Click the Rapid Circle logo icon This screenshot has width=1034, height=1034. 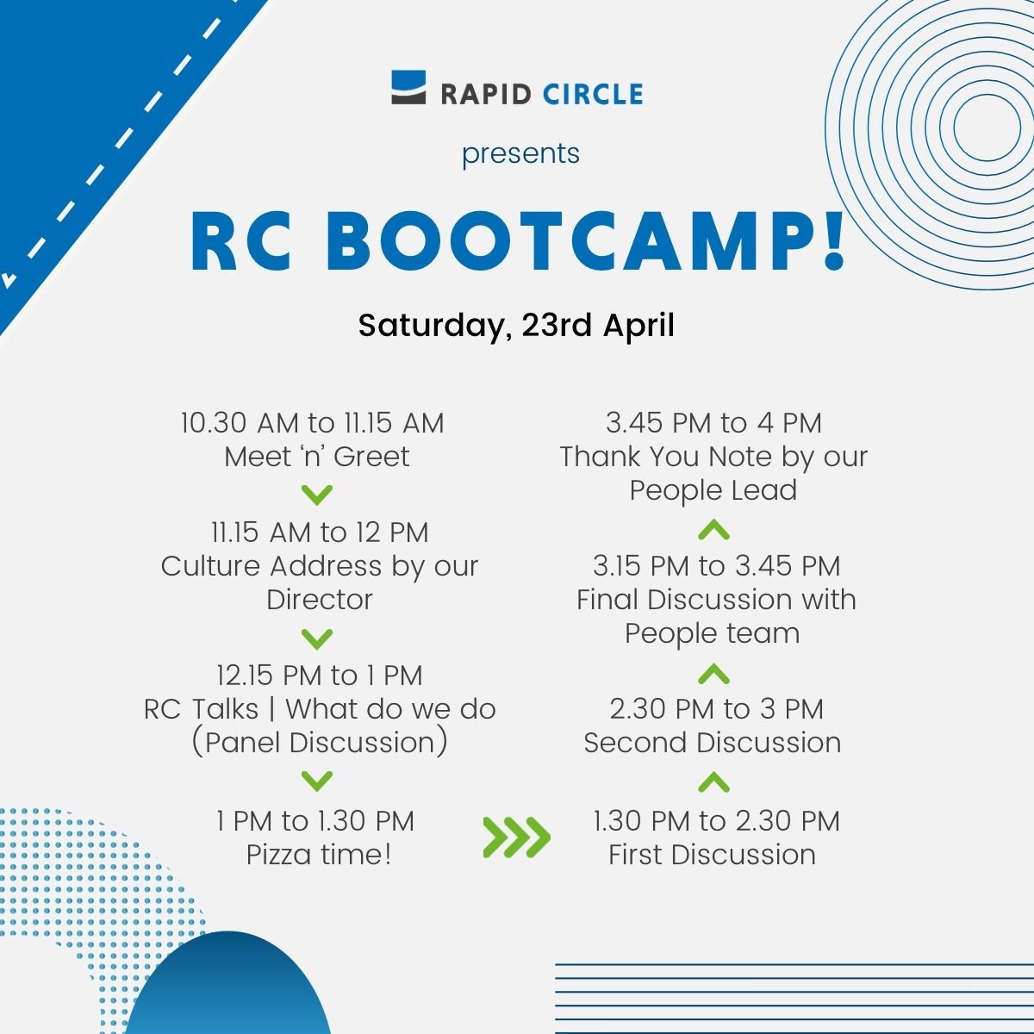(408, 88)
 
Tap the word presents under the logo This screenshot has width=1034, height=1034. (520, 153)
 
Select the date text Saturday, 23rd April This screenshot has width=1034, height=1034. (516, 326)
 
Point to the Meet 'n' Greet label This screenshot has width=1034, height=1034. (317, 457)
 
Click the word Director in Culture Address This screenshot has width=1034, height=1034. (320, 600)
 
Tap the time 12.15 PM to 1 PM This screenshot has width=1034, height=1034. (320, 675)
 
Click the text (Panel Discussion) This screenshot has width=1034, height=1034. (320, 743)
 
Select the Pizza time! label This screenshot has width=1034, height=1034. (319, 855)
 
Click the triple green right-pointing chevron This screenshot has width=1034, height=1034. (516, 837)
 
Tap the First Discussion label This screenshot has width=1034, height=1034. (712, 855)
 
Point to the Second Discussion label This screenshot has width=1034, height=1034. (712, 743)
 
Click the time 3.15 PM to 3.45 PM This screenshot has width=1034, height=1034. (716, 566)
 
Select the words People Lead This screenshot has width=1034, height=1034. (713, 490)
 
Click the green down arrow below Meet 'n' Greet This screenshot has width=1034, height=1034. (318, 495)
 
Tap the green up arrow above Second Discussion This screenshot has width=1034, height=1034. (713, 674)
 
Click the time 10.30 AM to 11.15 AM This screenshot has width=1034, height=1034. (312, 423)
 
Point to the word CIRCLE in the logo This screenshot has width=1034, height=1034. (593, 93)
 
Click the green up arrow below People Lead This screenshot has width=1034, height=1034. (713, 530)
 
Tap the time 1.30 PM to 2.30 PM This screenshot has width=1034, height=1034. (716, 821)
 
